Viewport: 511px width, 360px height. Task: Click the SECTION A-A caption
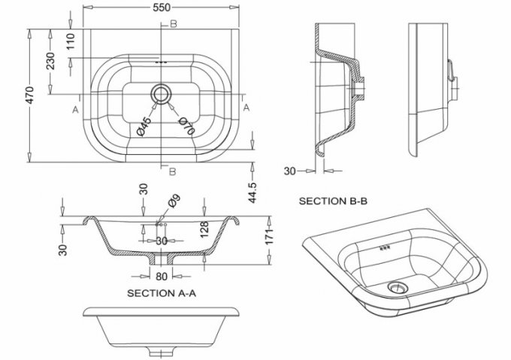162,292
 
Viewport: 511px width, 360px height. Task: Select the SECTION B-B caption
332,201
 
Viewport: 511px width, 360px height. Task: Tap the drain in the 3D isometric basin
396,286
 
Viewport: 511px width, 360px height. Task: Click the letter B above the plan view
174,25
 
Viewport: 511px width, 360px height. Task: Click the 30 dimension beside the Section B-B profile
290,171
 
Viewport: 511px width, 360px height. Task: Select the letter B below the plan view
174,172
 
